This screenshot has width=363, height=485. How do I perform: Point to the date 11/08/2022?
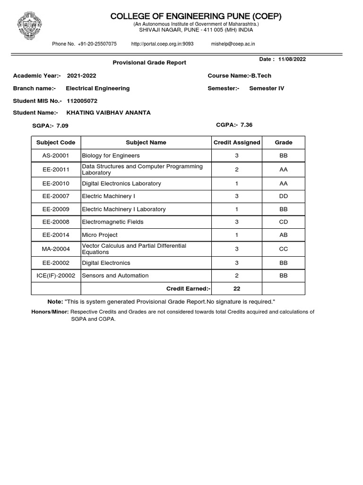tap(292, 59)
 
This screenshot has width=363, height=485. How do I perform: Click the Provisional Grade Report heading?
tap(149, 63)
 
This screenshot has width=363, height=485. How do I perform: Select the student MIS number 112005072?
tap(82, 100)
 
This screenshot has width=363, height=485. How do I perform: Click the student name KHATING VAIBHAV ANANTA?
tap(109, 113)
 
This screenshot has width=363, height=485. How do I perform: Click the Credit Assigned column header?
tap(237, 143)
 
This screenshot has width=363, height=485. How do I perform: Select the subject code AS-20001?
tap(56, 155)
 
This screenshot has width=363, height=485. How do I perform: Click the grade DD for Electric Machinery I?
tap(284, 196)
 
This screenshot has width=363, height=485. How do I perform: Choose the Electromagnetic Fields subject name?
tap(112, 222)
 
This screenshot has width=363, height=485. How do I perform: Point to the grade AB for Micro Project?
tap(284, 235)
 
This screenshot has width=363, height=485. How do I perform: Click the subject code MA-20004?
tap(56, 249)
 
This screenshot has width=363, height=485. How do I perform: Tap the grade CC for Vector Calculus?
tap(284, 249)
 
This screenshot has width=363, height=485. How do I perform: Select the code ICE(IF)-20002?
tap(56, 276)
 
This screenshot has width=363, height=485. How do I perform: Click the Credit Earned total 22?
tap(236, 288)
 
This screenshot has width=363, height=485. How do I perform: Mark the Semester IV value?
tap(267, 88)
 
